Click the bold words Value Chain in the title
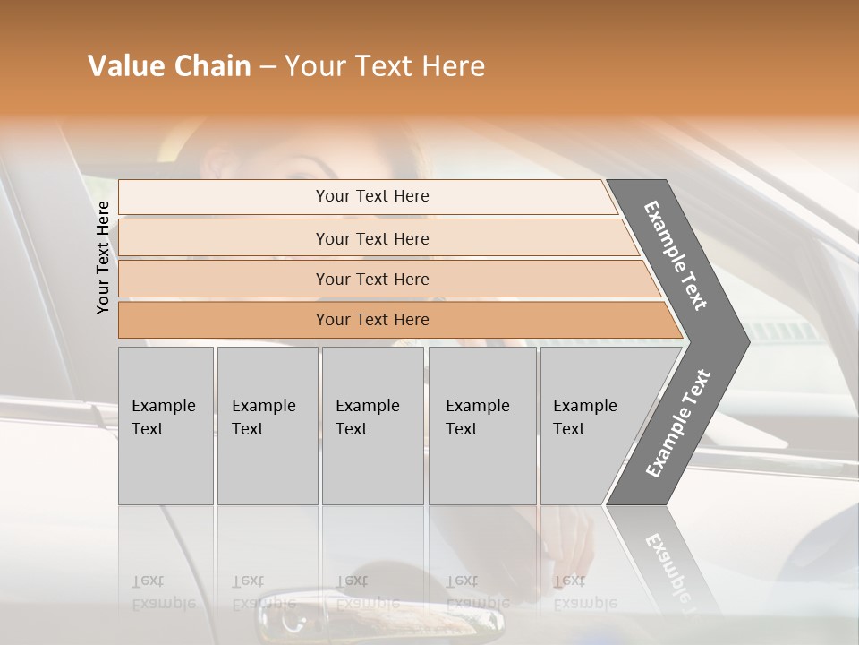tap(169, 66)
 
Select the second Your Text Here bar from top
tap(372, 238)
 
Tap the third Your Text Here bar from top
tap(372, 279)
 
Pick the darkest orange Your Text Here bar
tap(372, 320)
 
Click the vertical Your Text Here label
tap(103, 257)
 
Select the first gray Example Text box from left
tap(166, 426)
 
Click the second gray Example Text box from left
tap(267, 426)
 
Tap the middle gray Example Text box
tap(372, 426)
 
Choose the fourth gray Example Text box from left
tap(482, 426)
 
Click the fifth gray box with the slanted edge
tap(591, 426)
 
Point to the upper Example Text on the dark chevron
tap(676, 255)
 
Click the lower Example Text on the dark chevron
tap(678, 423)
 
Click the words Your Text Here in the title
tap(385, 66)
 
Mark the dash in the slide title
tap(268, 67)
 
